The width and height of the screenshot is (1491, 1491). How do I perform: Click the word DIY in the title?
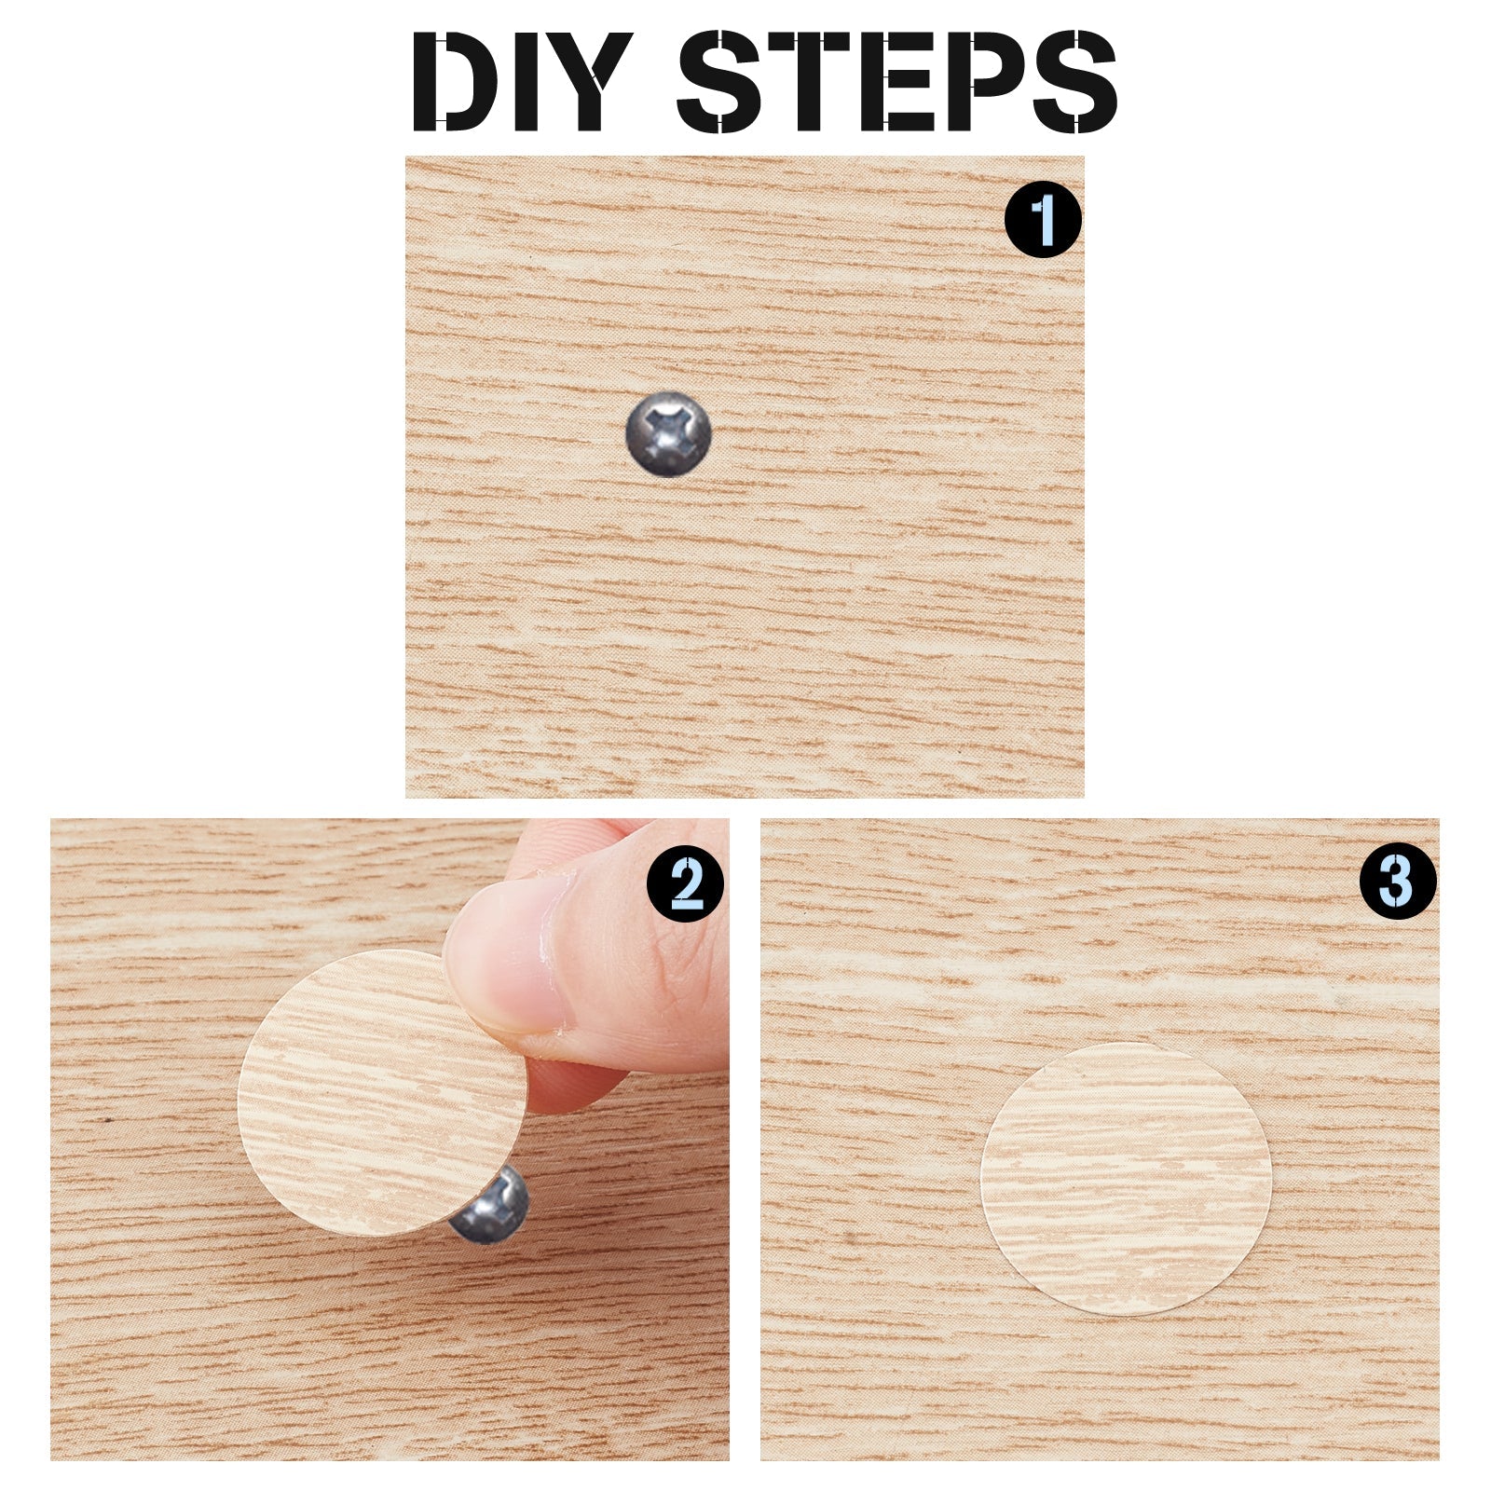[x=522, y=81]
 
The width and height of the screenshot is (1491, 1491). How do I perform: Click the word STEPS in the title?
[x=897, y=81]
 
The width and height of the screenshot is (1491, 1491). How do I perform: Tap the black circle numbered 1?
[x=1043, y=220]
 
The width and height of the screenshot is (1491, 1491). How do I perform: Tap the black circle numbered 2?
[x=686, y=882]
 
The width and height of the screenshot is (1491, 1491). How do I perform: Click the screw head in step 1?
[x=668, y=433]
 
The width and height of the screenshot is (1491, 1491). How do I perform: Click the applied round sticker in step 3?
[x=1126, y=1178]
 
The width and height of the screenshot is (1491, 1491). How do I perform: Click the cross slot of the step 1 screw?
[x=667, y=431]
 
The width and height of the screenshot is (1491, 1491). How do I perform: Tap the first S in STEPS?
[x=721, y=81]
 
